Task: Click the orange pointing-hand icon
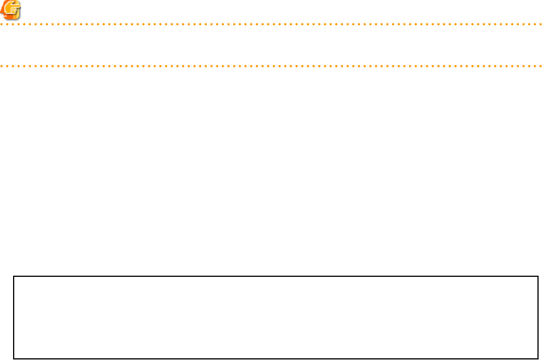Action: [x=11, y=10]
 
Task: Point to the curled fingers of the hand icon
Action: [x=13, y=13]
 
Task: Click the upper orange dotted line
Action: [x=271, y=25]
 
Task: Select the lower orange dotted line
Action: [x=271, y=66]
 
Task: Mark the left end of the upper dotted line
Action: [x=2, y=25]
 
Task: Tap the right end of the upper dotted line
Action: [x=540, y=25]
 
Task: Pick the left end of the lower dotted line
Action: [x=2, y=66]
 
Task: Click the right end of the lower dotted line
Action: [x=540, y=66]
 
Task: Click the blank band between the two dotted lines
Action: [x=271, y=46]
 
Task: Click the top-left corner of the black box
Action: [x=14, y=277]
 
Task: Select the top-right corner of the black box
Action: [x=537, y=277]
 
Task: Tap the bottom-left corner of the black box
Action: [x=14, y=358]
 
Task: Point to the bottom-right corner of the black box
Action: [x=537, y=358]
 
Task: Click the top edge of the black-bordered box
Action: [x=276, y=277]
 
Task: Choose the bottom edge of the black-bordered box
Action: [x=276, y=358]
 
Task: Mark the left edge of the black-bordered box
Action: [x=14, y=318]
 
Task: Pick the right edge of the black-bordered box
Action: [x=537, y=318]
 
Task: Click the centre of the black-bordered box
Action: [x=276, y=318]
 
